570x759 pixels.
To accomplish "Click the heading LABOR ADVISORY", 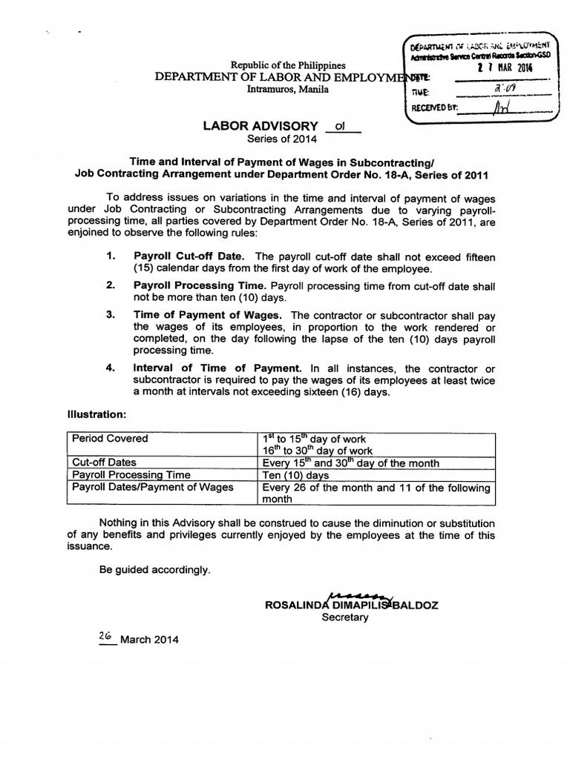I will pos(260,126).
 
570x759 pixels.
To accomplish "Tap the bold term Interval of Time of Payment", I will pos(217,368).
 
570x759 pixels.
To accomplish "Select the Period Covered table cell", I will pos(110,439).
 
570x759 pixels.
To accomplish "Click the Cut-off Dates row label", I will pos(104,463).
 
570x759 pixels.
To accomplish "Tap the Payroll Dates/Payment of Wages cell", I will pos(152,487).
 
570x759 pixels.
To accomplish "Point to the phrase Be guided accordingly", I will pos(154,570).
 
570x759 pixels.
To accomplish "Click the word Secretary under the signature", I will pos(344,617).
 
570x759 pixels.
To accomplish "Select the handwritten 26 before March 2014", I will pos(106,636).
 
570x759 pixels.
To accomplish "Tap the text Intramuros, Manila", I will pos(285,90).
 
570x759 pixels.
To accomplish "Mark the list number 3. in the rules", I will pos(111,315).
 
